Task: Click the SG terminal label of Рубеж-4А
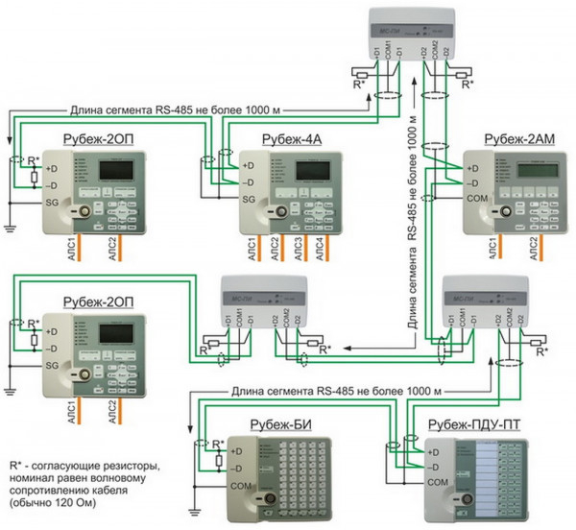click(247, 200)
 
